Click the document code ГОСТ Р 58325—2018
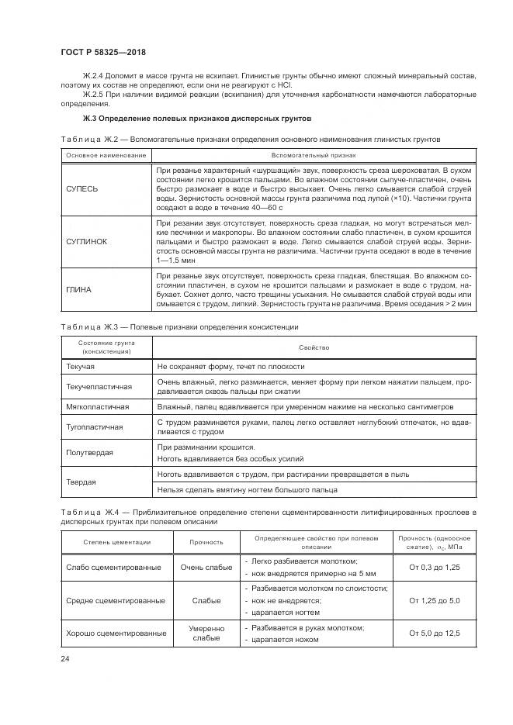coord(103,52)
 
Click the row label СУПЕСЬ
coord(82,188)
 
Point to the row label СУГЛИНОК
coord(87,242)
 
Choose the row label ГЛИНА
coord(78,289)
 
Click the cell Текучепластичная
coord(99,385)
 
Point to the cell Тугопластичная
coord(95,426)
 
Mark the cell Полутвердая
coord(90,452)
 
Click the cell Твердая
coord(81,481)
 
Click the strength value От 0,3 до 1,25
coord(434,567)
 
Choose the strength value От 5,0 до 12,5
coord(434,633)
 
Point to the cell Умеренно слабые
coord(206,633)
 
